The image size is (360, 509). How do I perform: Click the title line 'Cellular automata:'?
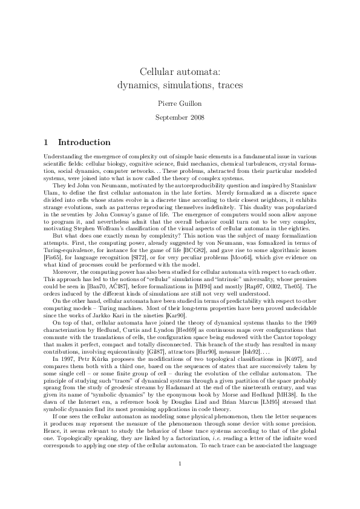click(180, 72)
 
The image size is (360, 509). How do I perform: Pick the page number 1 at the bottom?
click(180, 481)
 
